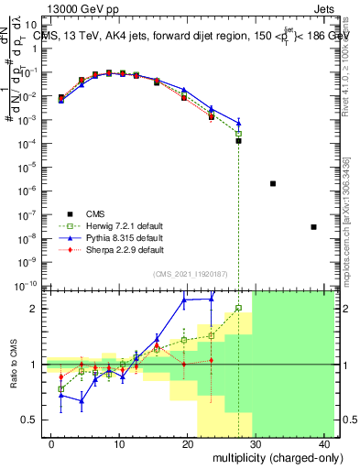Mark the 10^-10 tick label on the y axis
(x=30, y=286)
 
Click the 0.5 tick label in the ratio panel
(x=33, y=420)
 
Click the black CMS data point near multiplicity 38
(x=313, y=226)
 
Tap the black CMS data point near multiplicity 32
(x=273, y=183)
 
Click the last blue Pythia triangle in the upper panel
(x=238, y=123)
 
